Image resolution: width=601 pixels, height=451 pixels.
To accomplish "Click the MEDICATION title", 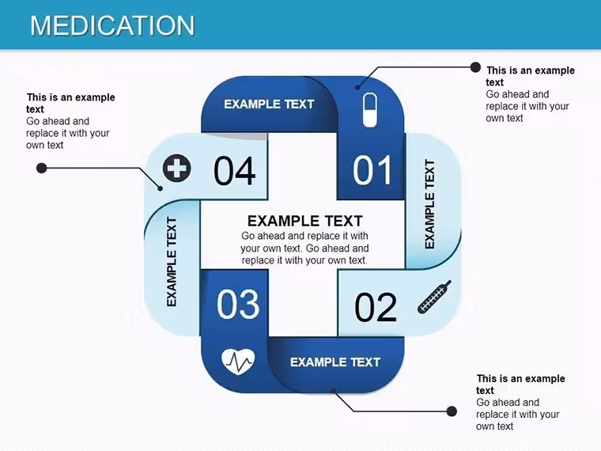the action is (x=112, y=25).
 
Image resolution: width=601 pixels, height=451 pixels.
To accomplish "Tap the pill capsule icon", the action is (x=370, y=110).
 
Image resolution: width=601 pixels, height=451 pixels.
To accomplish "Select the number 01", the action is (x=372, y=170).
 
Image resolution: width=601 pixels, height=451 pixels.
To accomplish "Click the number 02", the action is (x=376, y=307).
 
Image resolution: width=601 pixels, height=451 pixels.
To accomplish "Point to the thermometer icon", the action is (x=434, y=297).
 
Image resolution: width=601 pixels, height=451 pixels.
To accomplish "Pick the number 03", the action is (x=238, y=304).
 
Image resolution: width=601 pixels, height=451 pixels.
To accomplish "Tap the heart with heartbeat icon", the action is (x=238, y=362).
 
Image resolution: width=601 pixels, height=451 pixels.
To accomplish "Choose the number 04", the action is (x=234, y=171).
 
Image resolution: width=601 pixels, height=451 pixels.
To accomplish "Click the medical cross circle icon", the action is (x=176, y=168).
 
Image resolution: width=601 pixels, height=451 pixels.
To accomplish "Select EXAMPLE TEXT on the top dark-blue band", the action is (x=269, y=104).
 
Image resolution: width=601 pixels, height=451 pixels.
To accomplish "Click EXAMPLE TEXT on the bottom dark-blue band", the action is (x=335, y=362).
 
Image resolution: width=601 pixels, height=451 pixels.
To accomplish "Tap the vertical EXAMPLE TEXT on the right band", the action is (x=429, y=204).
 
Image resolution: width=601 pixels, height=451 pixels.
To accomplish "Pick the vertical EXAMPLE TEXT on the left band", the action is (x=172, y=262).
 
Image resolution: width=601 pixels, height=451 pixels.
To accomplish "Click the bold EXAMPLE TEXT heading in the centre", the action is (x=304, y=221).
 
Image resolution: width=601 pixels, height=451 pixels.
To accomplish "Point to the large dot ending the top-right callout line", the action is (x=475, y=67).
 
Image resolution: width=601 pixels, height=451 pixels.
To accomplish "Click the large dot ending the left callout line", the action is (x=41, y=168).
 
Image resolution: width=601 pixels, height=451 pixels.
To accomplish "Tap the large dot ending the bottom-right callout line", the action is (x=452, y=411).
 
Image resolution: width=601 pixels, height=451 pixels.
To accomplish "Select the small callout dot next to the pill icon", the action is (x=357, y=88).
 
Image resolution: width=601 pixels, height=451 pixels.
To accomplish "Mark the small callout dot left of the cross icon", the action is (x=161, y=188).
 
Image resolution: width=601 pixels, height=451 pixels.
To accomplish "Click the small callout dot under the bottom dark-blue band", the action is (x=333, y=391).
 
